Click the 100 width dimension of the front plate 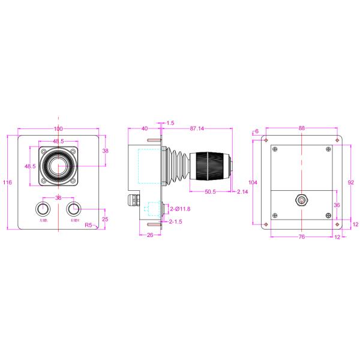tap(58, 129)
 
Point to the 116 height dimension tap(7, 182)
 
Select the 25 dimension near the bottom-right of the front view tap(106, 219)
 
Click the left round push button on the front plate tap(43, 209)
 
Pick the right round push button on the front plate tap(74, 209)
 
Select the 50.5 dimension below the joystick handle tap(210, 191)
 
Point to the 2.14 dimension tap(242, 191)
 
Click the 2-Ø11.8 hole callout tap(180, 209)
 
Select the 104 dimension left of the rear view tap(253, 182)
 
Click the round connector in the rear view tap(302, 200)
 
